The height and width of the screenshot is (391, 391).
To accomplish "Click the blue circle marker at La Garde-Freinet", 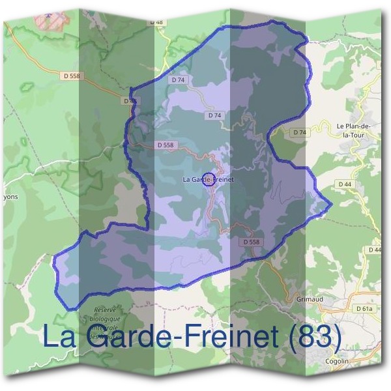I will tap(208, 180).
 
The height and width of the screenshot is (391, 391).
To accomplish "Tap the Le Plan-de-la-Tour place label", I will tap(355, 130).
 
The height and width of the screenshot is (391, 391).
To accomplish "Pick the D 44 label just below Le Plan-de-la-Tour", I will tap(345, 185).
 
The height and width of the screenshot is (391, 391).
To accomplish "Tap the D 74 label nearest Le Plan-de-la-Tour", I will tap(299, 132).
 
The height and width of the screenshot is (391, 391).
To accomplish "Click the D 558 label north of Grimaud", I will tap(251, 242).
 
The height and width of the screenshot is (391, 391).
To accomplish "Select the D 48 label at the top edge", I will tap(156, 22).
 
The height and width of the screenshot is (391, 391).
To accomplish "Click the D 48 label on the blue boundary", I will tap(130, 101).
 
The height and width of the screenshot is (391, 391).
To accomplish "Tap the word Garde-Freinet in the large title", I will tap(181, 337).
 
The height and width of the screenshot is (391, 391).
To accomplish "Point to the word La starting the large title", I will tap(57, 337).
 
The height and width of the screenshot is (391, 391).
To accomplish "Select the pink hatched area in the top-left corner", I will tap(53, 20).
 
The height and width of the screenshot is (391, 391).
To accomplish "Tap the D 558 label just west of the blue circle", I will tap(166, 145).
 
